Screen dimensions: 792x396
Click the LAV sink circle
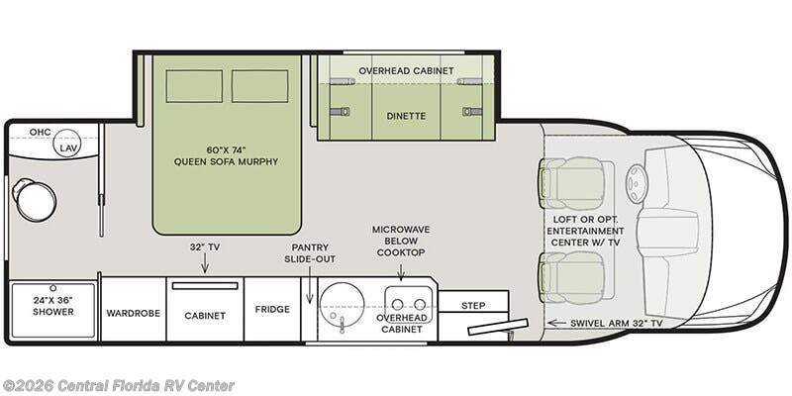tap(67, 143)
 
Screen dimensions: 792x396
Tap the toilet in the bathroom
tap(34, 200)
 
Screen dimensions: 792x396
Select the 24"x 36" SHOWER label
tap(53, 306)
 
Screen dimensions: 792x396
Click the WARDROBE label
tap(134, 313)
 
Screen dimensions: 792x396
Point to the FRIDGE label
tap(272, 309)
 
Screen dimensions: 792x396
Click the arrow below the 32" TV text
tap(205, 263)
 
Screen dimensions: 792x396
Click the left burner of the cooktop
tap(398, 305)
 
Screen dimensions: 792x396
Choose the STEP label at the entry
tap(473, 306)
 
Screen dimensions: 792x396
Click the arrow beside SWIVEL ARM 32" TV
tap(556, 323)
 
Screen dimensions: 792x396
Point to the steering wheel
tap(637, 184)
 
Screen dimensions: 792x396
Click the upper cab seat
tap(572, 183)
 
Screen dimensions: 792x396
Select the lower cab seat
tap(572, 277)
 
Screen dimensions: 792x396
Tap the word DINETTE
tap(407, 116)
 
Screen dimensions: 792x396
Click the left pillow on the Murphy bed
tap(194, 86)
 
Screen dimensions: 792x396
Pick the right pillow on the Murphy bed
tap(260, 86)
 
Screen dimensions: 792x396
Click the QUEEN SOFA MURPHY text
tap(227, 161)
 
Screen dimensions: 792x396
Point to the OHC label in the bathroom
tap(40, 133)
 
